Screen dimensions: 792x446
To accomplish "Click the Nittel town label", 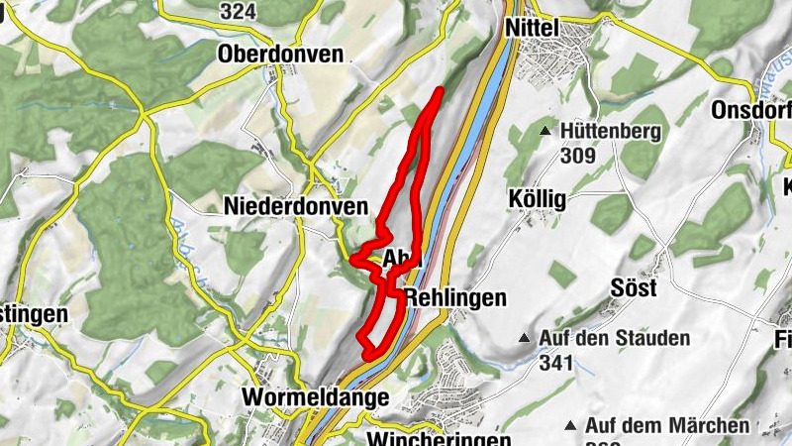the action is pos(534,29).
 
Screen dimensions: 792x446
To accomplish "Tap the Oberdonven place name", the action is pos(281,55).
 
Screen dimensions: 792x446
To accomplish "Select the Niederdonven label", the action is pos(296,207).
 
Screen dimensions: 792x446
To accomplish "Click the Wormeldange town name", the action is pos(314,397).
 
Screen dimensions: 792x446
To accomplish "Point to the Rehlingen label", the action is pos(455,297).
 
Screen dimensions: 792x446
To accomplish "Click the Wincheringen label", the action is pos(439,438).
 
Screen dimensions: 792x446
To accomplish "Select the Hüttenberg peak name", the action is pos(611,132).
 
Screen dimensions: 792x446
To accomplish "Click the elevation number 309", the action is pos(577,156).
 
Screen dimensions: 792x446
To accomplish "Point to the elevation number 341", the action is pos(557,363).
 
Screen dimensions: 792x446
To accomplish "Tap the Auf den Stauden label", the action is pos(615,339).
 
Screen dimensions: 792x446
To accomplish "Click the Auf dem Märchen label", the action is pos(667,425).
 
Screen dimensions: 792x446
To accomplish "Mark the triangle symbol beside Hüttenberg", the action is pos(544,131).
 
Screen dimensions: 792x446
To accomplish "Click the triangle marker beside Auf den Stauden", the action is pos(523,339).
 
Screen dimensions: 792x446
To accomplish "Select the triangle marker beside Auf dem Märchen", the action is pos(569,426).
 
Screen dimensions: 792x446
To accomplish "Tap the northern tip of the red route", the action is pos(439,92).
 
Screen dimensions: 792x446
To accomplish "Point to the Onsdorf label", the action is pos(751,112).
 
